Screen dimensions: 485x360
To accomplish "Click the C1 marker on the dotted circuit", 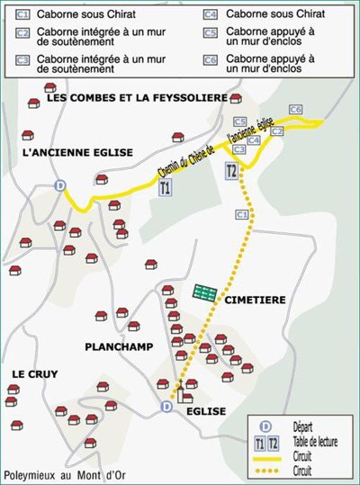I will click(x=240, y=215).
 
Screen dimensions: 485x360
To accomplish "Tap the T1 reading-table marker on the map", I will click(x=164, y=189).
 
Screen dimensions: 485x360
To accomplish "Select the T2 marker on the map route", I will click(x=232, y=171).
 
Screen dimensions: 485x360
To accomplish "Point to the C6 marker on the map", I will click(x=295, y=109).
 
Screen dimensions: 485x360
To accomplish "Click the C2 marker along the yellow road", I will click(x=277, y=131).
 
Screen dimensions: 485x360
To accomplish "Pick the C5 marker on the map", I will click(x=239, y=121).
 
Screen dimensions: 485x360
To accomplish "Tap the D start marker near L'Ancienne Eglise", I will click(x=60, y=185).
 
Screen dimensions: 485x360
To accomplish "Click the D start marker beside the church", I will click(x=166, y=407).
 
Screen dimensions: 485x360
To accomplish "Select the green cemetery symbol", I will click(x=204, y=291).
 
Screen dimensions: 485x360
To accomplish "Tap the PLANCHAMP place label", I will click(x=119, y=346).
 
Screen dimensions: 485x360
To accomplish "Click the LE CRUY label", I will click(x=35, y=373).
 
